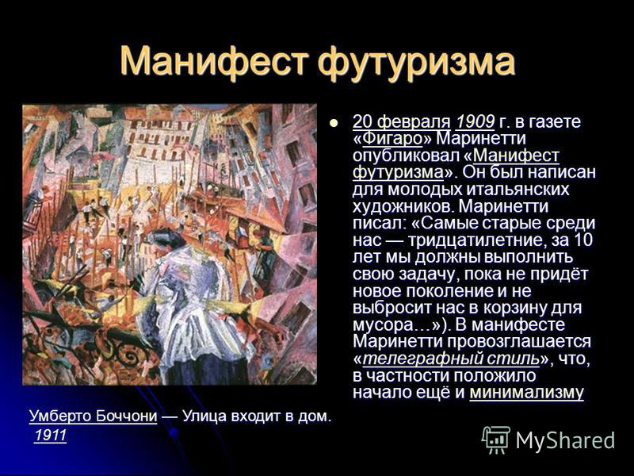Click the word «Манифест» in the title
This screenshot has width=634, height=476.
[x=215, y=61]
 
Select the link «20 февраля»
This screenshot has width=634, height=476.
[x=402, y=121]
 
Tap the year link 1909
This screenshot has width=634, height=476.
[x=475, y=121]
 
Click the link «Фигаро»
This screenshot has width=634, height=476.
[x=392, y=139]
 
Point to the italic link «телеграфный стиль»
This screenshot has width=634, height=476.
[x=451, y=359]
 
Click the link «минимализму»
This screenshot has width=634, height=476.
[x=526, y=393]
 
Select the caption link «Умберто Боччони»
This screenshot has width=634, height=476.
[x=93, y=416]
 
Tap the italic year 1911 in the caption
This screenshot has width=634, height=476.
[x=51, y=436]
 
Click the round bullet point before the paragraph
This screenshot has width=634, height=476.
[x=333, y=122]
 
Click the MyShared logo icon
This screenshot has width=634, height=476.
[x=496, y=440]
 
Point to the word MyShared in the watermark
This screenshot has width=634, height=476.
[x=565, y=440]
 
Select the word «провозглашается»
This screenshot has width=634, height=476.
[x=519, y=342]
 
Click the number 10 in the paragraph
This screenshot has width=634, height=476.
[x=583, y=240]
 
